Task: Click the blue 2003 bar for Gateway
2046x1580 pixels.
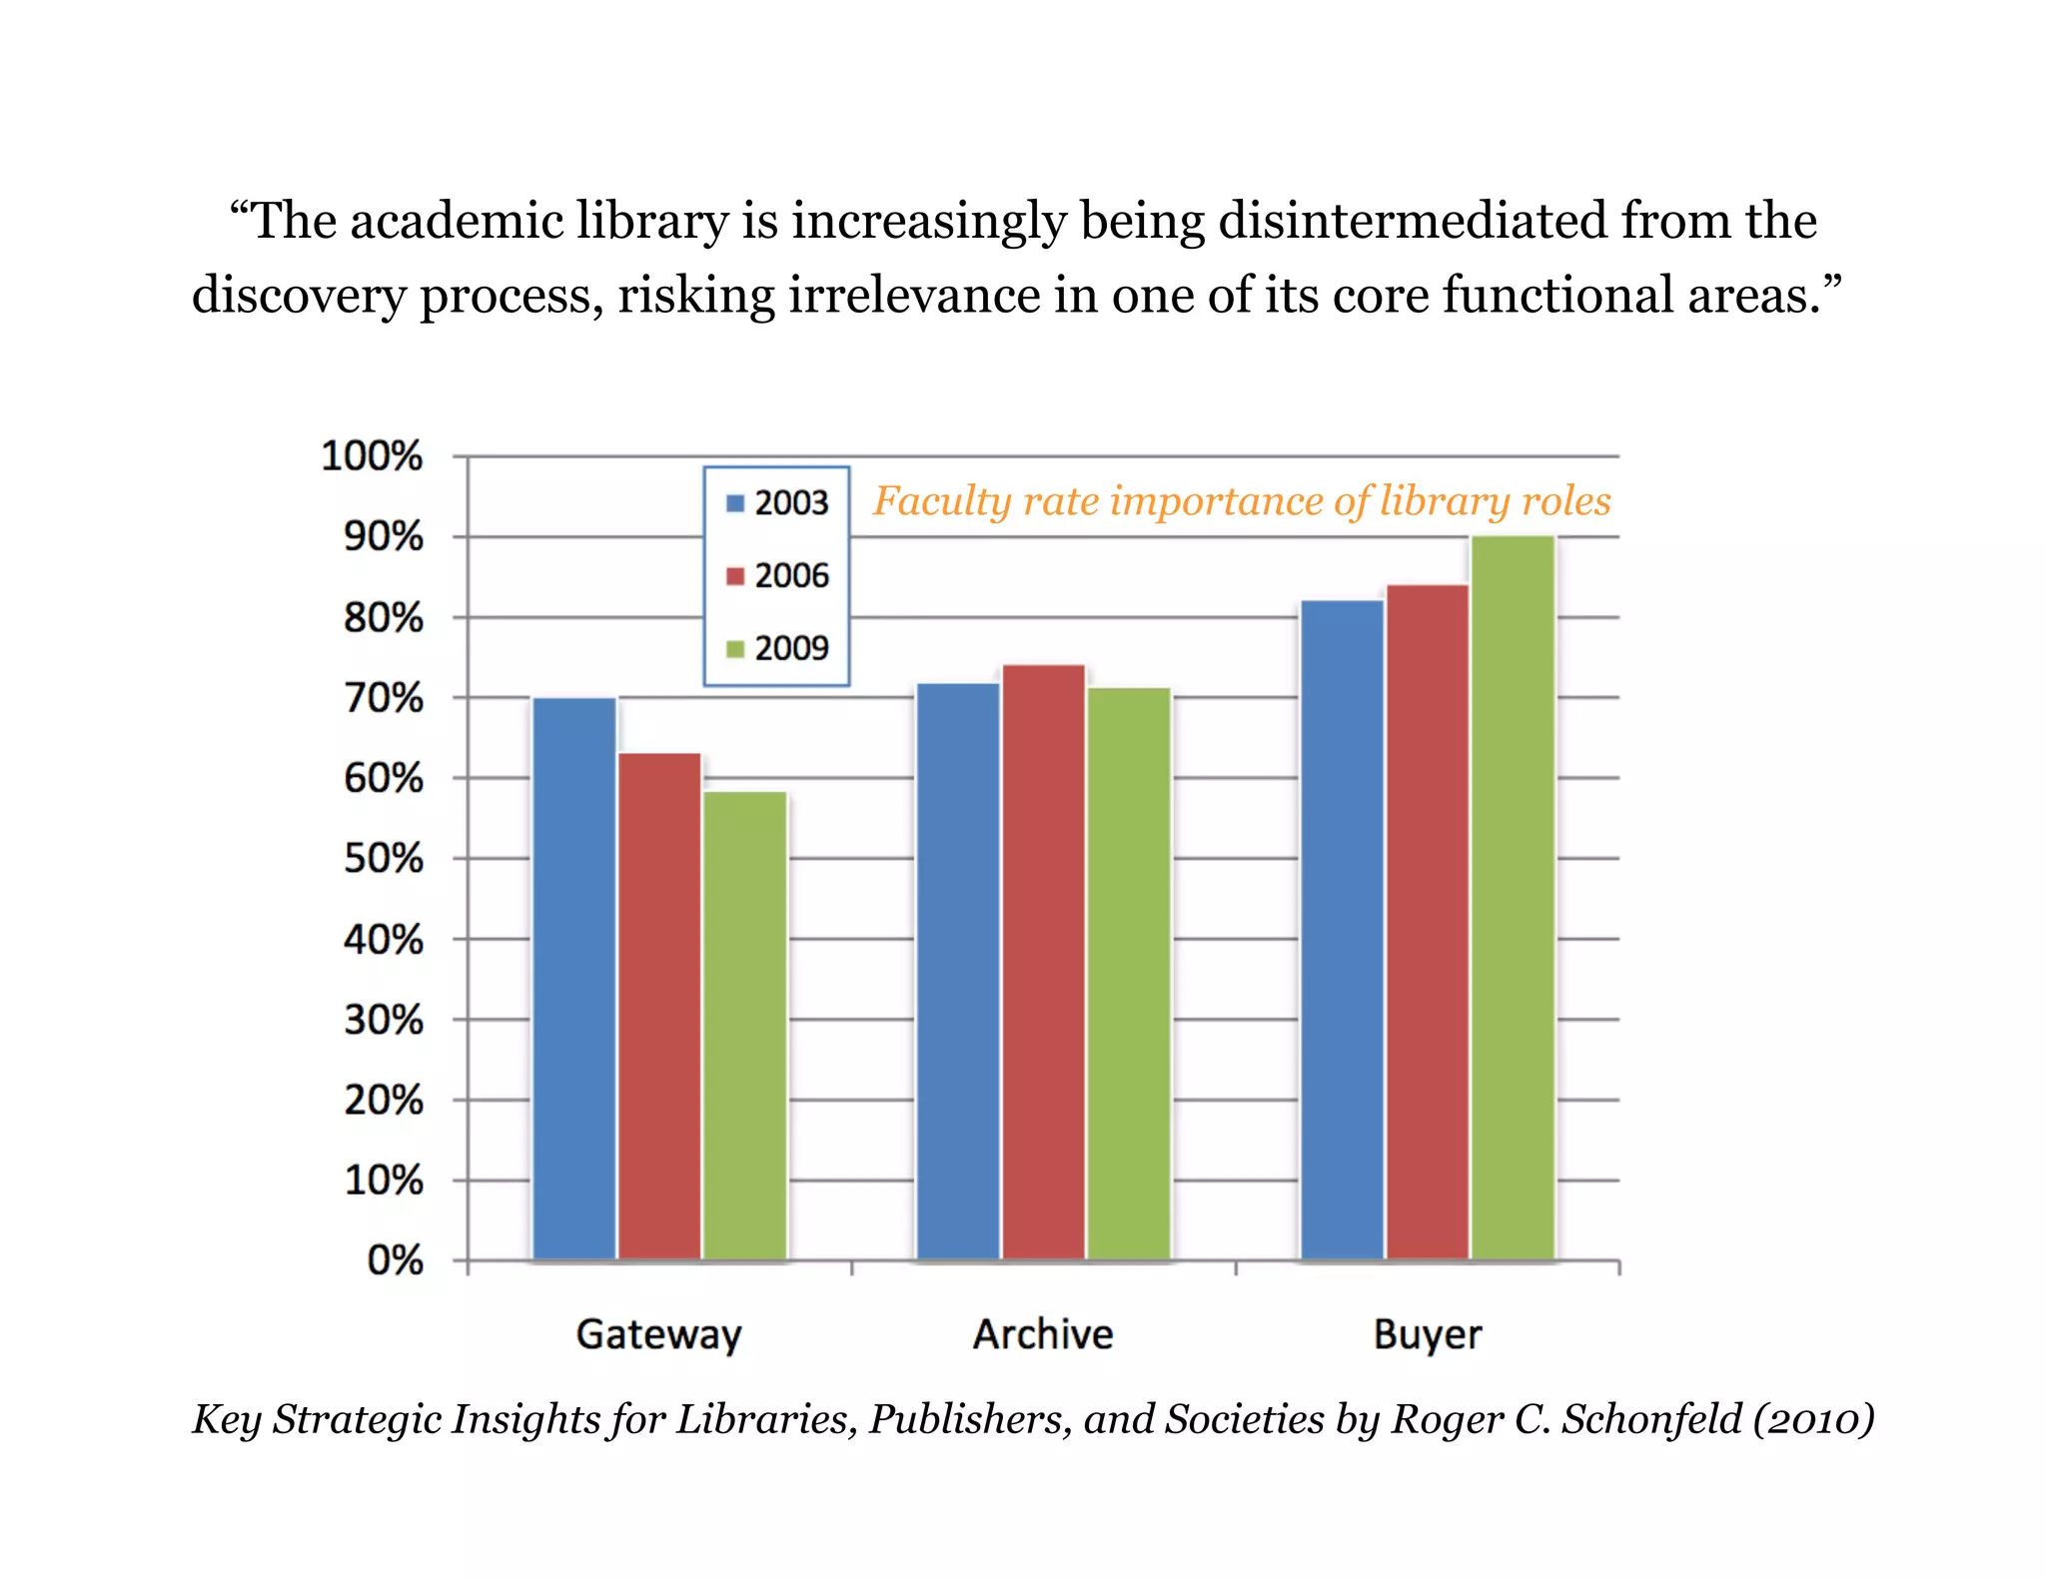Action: point(574,979)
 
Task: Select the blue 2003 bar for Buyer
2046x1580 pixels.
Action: point(1342,930)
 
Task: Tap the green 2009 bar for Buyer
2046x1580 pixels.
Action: point(1513,898)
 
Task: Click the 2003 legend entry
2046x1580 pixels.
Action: point(778,502)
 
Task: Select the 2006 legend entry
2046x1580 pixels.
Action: point(778,575)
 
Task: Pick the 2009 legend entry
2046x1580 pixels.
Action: point(778,648)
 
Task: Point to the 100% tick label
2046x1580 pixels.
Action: point(372,456)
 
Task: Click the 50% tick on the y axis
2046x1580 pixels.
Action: point(384,859)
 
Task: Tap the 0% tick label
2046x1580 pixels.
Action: point(396,1260)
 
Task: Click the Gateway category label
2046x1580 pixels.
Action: point(659,1334)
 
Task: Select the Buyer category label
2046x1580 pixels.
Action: point(1427,1334)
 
